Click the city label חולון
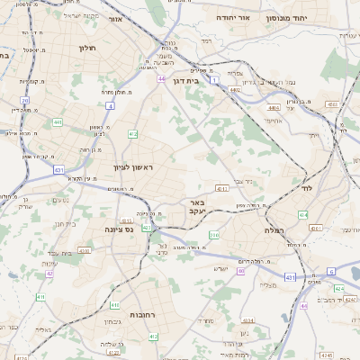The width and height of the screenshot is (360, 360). (x=87, y=48)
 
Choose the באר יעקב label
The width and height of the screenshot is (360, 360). (x=198, y=208)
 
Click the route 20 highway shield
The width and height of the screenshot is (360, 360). (x=25, y=101)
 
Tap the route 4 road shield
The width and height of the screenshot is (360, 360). (x=110, y=105)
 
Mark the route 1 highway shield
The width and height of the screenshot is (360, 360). (x=214, y=81)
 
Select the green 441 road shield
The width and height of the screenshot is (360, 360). (x=58, y=123)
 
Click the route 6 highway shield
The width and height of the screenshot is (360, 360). (x=331, y=271)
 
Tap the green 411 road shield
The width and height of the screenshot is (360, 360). (x=40, y=296)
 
